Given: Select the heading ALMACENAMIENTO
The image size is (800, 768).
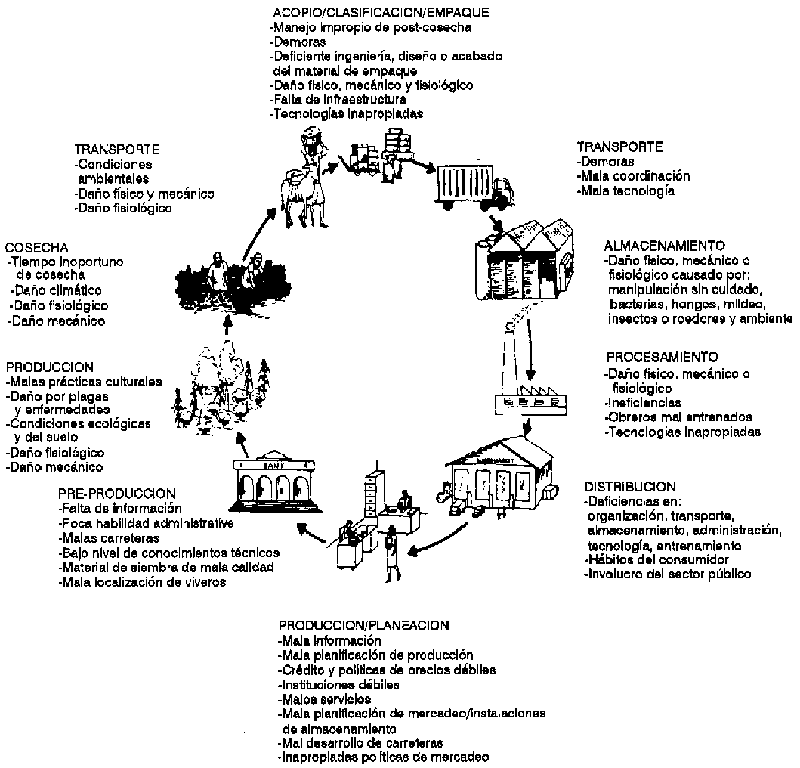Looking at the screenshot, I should pos(665,246).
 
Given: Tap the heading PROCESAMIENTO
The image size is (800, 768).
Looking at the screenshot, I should pos(663,356).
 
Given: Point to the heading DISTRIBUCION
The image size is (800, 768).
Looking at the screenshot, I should pos(630,486).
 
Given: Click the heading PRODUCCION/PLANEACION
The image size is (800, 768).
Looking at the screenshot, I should pos(364,625).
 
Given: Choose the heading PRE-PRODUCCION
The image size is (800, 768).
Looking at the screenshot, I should pos(116,494).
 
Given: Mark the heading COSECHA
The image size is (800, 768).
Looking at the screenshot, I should pos(37,247).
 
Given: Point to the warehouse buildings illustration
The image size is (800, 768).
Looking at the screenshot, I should pos(522,261).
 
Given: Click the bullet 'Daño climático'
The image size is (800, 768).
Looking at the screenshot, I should pos(56,290).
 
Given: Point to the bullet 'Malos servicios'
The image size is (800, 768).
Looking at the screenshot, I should pos(325,699).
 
